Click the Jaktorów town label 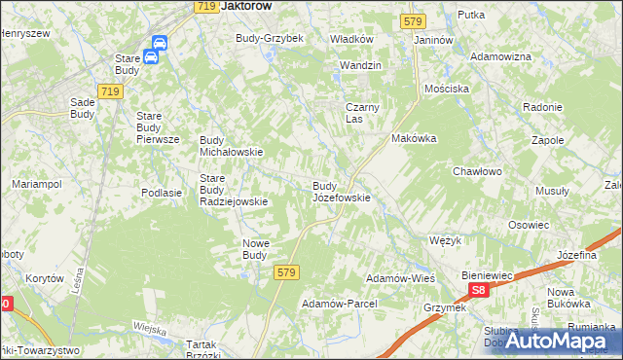pos(245,6)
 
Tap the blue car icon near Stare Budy pos(155,55)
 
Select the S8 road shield pos(478,290)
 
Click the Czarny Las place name pos(361,113)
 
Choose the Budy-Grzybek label pos(270,38)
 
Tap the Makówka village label pos(414,138)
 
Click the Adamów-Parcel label pos(339,304)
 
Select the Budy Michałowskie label pos(232,146)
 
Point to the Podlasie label pos(162,193)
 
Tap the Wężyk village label pos(445,239)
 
